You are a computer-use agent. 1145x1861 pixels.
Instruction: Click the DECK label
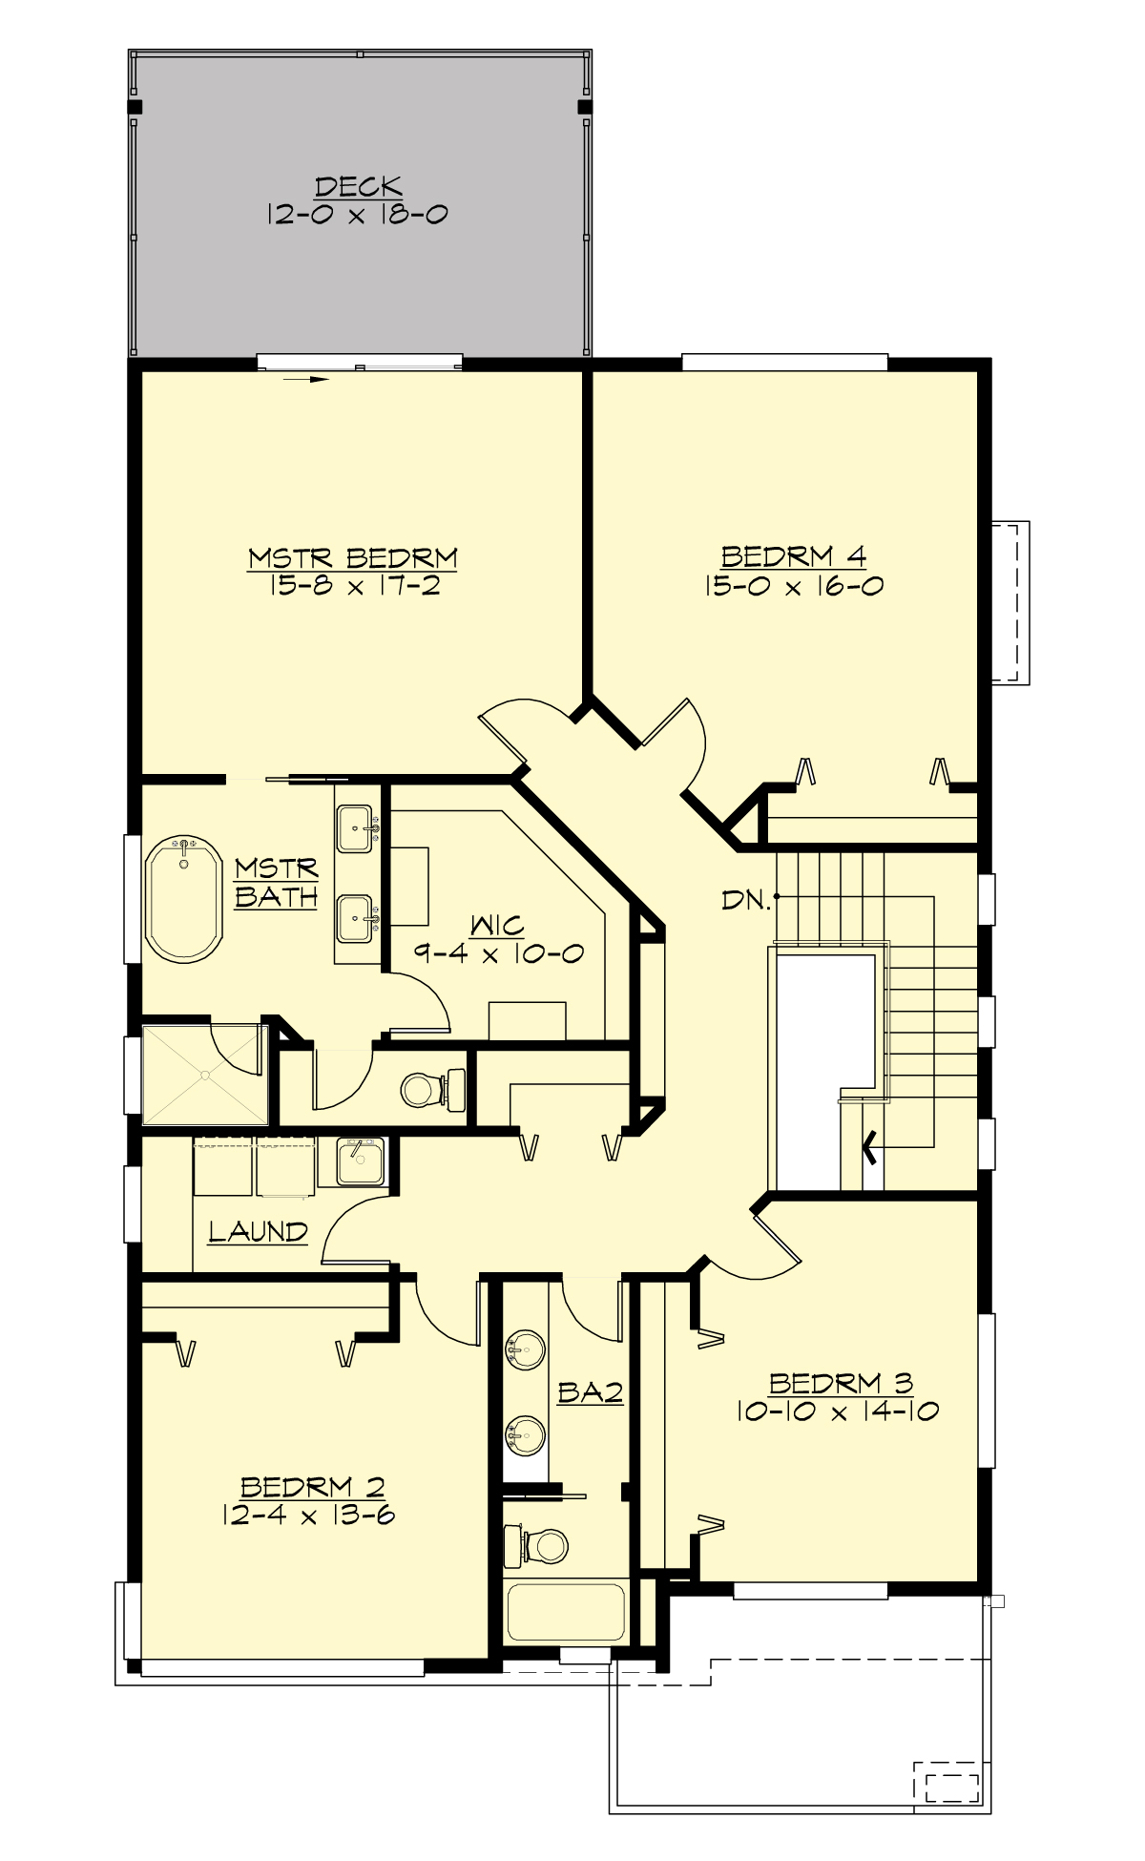point(358,186)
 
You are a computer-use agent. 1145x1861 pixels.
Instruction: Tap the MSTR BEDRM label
point(352,557)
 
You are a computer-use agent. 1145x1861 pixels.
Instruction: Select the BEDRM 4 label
point(793,555)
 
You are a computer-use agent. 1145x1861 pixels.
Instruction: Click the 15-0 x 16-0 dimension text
point(793,585)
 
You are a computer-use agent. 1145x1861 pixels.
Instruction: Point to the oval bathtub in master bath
point(184,899)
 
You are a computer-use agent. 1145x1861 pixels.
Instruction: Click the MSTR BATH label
point(276,883)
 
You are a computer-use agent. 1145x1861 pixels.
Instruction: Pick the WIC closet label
point(497,925)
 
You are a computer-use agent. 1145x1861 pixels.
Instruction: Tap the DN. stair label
point(745,899)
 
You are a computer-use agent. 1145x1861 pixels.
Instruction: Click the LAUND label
point(258,1231)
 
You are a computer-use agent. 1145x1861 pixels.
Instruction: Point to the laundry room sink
point(360,1161)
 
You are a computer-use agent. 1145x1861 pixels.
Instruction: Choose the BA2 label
point(590,1392)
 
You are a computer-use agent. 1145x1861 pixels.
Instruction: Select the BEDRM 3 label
point(841,1383)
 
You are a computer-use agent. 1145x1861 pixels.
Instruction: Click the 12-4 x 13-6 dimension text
point(307,1515)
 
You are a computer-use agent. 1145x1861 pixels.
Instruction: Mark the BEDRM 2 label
point(312,1487)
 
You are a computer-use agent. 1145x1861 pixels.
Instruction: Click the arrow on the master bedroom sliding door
point(306,379)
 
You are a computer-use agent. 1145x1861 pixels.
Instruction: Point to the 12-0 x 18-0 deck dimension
point(358,214)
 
